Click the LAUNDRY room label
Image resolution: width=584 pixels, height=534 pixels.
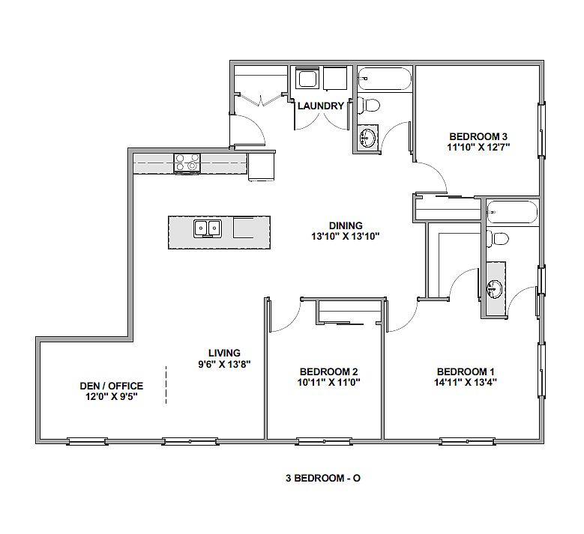321,106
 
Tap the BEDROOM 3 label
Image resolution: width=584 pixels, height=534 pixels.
478,136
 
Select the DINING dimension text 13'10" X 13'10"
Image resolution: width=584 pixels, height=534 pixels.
346,236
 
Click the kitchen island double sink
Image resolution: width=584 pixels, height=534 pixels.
208,228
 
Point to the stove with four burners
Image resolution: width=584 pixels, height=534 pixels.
187,163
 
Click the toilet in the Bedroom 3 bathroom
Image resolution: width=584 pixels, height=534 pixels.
368,105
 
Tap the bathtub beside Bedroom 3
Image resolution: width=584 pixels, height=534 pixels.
385,79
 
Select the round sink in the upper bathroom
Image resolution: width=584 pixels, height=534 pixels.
367,138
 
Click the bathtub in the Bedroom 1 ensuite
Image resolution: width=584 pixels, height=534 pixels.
512,212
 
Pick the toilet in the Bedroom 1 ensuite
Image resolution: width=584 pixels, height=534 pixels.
497,238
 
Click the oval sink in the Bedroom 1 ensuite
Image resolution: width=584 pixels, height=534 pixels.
495,289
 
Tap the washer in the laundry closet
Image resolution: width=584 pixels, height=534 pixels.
307,78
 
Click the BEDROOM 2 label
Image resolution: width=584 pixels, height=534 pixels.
328,371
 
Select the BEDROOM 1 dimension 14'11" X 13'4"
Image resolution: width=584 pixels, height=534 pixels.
466,382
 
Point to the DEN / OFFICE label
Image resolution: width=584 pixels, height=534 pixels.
112,386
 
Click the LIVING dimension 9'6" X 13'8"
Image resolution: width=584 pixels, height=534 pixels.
224,363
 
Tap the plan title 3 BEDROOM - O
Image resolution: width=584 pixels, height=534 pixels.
323,478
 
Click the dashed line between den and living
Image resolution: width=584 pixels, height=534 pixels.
166,385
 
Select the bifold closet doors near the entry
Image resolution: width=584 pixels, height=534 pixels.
262,100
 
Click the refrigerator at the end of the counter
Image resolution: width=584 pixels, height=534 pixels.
262,167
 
